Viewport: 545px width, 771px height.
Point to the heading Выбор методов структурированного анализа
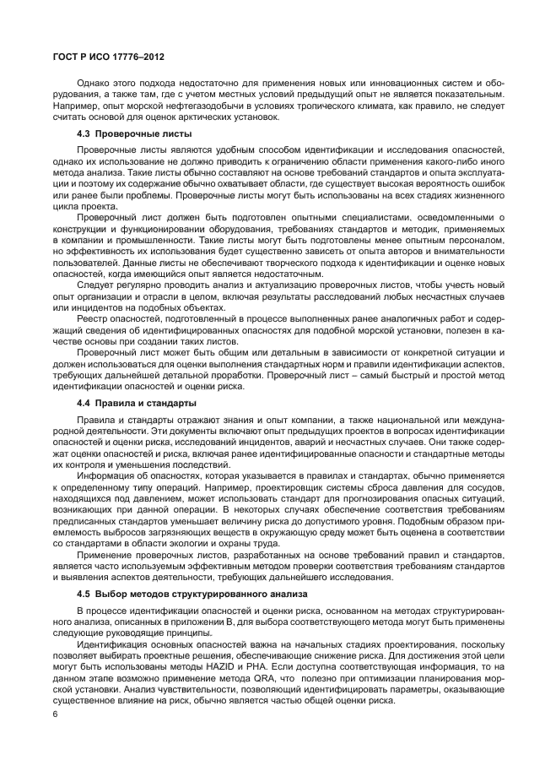pyautogui.click(x=188, y=595)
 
